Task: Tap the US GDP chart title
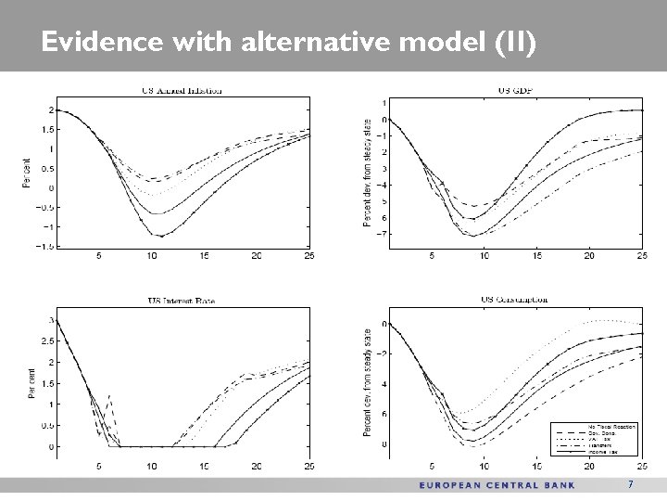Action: click(517, 89)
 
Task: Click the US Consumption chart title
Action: click(515, 300)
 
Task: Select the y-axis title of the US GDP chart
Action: click(369, 174)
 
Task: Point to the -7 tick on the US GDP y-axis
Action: click(382, 234)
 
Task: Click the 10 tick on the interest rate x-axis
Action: click(151, 465)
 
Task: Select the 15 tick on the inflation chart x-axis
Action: click(203, 255)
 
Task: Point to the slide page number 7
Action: click(630, 484)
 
